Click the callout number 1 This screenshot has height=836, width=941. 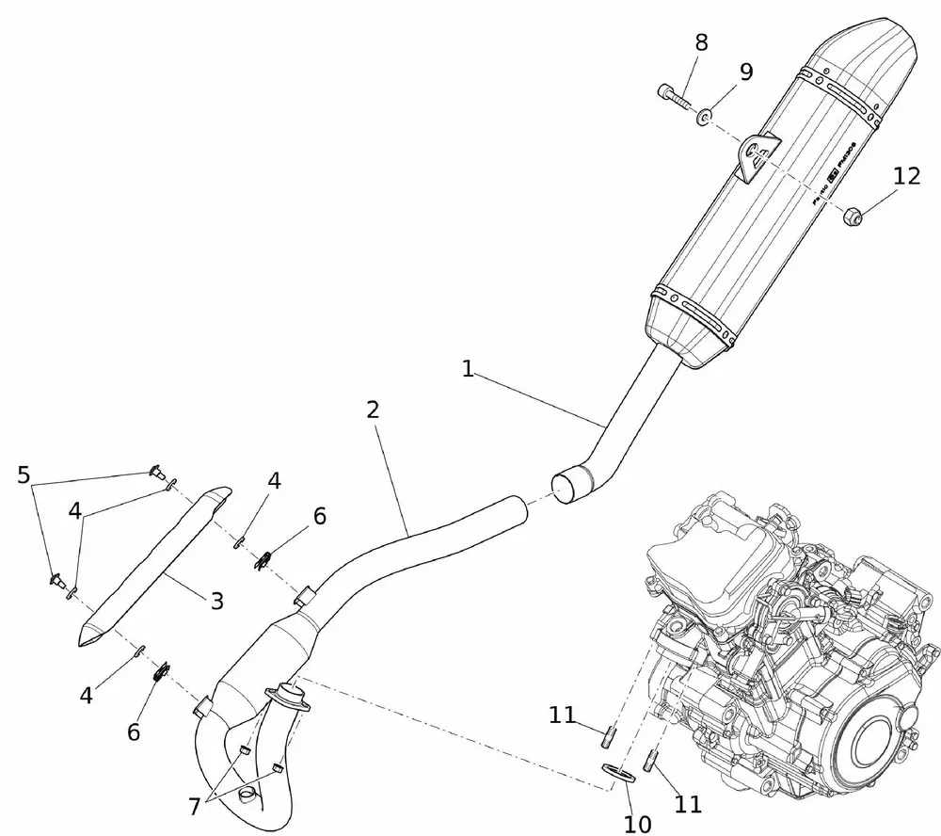[x=467, y=369]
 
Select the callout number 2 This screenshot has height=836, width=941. [x=373, y=410]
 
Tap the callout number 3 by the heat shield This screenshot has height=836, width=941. [x=216, y=600]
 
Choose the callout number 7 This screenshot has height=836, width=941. [x=195, y=806]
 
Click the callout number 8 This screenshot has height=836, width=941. [x=701, y=42]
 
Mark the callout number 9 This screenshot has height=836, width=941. [x=745, y=72]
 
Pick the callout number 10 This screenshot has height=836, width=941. [x=637, y=824]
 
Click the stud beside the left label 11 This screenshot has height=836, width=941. [x=609, y=732]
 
